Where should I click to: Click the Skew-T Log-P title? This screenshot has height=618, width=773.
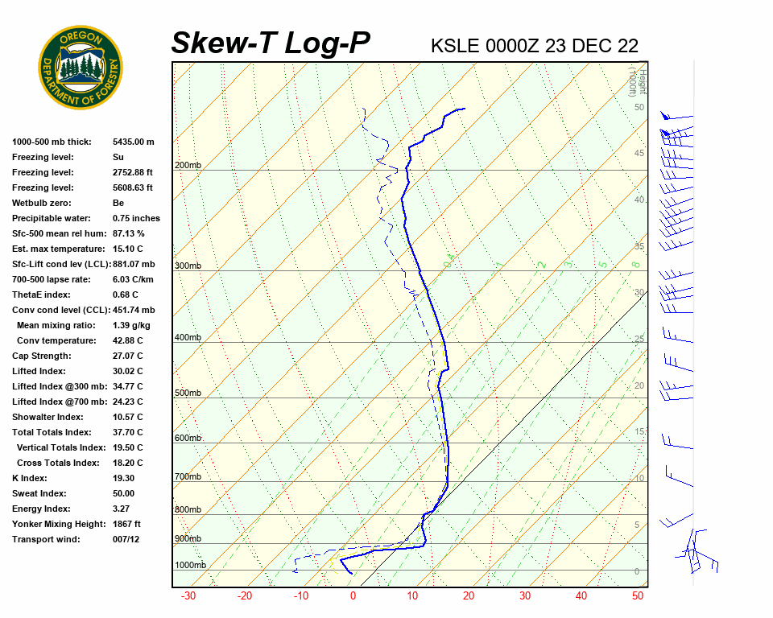pyautogui.click(x=271, y=43)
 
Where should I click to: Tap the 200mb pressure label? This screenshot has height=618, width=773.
pyautogui.click(x=188, y=166)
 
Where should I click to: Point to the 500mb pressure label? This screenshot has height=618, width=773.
pyautogui.click(x=188, y=393)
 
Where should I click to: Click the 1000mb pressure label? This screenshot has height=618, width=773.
pyautogui.click(x=190, y=565)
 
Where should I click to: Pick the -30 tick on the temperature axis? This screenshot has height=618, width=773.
pyautogui.click(x=188, y=596)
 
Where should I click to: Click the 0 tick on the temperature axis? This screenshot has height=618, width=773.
pyautogui.click(x=353, y=596)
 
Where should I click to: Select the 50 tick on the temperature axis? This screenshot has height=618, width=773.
pyautogui.click(x=637, y=596)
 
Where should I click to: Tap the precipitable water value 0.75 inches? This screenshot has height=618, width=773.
pyautogui.click(x=136, y=218)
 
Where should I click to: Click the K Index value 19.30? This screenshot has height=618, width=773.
pyautogui.click(x=125, y=478)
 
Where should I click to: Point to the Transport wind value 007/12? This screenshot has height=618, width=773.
pyautogui.click(x=129, y=539)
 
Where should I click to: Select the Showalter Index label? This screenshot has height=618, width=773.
pyautogui.click(x=48, y=417)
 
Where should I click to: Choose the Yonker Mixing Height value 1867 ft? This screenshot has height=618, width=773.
pyautogui.click(x=126, y=524)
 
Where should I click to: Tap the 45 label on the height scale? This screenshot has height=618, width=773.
pyautogui.click(x=639, y=154)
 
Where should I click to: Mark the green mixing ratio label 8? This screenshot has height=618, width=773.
pyautogui.click(x=635, y=264)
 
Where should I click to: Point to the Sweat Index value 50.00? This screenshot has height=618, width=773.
pyautogui.click(x=124, y=493)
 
